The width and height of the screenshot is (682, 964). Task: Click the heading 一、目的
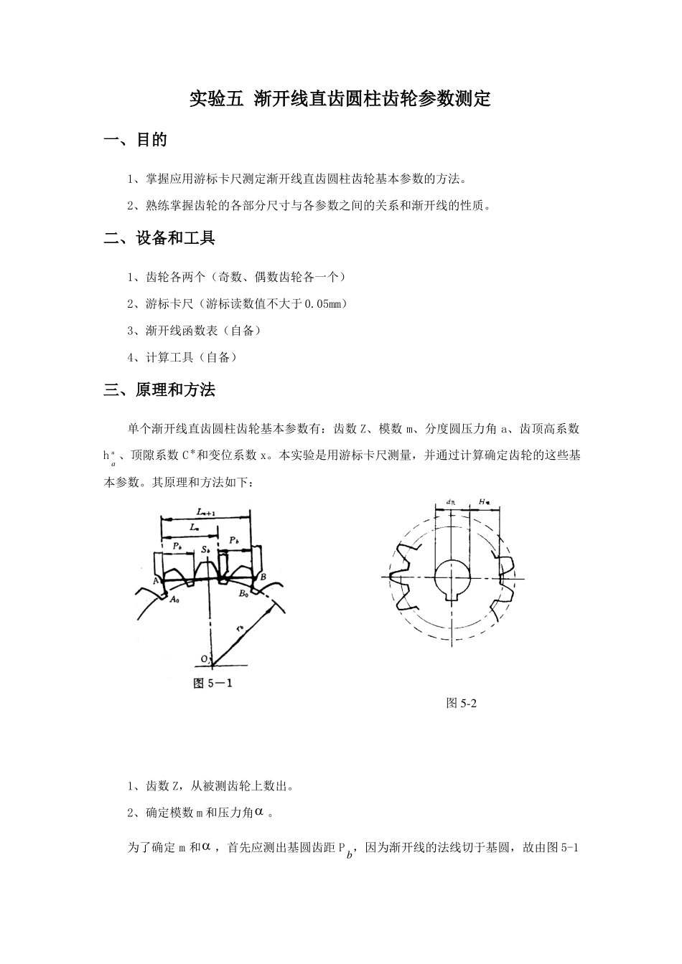click(136, 140)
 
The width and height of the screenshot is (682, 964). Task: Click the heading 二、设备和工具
click(159, 238)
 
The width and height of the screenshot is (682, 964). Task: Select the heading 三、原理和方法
click(159, 390)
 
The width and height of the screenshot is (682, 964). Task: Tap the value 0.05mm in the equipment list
click(326, 304)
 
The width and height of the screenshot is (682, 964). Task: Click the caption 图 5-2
click(462, 703)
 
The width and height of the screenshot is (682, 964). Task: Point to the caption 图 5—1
click(212, 683)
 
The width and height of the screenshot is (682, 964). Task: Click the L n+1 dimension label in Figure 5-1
click(207, 511)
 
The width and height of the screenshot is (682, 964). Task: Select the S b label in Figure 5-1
click(206, 549)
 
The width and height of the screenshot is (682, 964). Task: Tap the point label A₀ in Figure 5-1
click(174, 600)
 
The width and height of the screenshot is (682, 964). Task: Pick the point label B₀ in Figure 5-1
click(244, 594)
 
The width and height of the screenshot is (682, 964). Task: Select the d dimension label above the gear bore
click(450, 503)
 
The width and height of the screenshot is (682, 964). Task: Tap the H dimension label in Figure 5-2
click(484, 503)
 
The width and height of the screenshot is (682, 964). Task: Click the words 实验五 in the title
click(212, 99)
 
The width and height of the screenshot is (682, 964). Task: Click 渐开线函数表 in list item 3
click(183, 331)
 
